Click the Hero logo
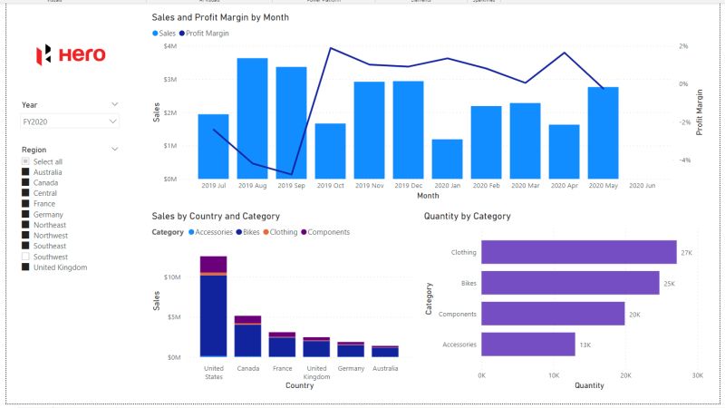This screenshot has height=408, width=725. [x=70, y=55]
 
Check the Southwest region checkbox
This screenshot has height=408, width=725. [x=25, y=257]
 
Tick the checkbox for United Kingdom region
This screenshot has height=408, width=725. [x=25, y=267]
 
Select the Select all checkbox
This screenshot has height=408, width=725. [x=25, y=161]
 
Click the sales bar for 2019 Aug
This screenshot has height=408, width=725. [x=252, y=118]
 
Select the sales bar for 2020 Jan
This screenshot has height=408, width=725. [x=447, y=159]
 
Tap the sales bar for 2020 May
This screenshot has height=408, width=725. [x=603, y=132]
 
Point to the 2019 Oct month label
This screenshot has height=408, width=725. [x=330, y=185]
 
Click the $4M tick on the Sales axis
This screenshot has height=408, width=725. [x=169, y=45]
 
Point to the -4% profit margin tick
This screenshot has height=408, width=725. [x=685, y=160]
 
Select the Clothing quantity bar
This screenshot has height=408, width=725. [x=578, y=252]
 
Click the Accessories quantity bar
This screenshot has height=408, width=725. [x=527, y=344]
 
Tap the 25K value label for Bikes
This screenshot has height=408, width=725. [x=669, y=284]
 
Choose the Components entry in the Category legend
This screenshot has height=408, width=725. [x=328, y=232]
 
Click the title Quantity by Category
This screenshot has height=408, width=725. [x=467, y=216]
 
